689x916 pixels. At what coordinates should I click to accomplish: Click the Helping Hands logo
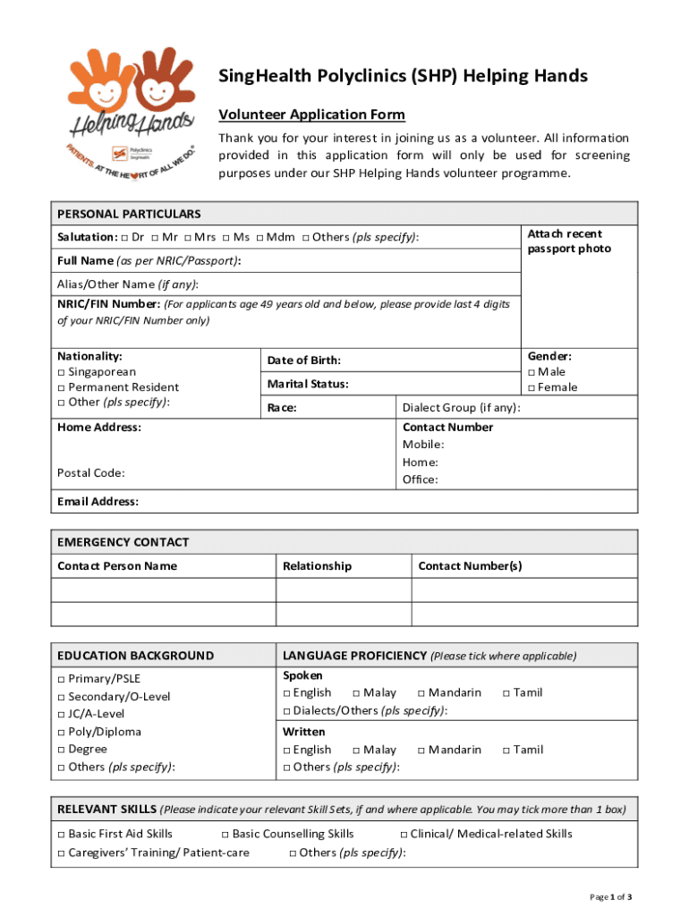coord(132,112)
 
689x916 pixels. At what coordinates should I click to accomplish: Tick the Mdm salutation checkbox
coord(260,237)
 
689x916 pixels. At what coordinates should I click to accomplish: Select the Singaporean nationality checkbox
coord(61,372)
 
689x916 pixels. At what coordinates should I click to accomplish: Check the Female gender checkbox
coord(532,387)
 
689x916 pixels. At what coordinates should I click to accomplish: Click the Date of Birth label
coord(303,360)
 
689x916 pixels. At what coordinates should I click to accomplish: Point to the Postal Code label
coord(90,472)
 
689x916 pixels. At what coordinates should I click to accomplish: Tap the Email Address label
coord(98,501)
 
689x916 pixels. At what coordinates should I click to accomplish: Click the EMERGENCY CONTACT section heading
coord(123,542)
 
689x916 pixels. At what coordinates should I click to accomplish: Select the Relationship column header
coord(317,565)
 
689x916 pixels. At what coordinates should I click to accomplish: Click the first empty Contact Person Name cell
coord(163,590)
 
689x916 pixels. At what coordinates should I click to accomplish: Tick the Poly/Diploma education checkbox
coord(61,732)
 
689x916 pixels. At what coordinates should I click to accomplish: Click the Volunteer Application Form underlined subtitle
coord(311,114)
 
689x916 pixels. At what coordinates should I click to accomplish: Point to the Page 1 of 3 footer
coord(610,897)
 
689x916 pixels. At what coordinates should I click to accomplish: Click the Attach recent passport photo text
coord(569,242)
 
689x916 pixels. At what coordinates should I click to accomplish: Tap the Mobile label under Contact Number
coord(422,445)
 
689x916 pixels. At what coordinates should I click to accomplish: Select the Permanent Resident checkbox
coord(61,387)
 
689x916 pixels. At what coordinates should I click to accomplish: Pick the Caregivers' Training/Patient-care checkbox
coord(61,852)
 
